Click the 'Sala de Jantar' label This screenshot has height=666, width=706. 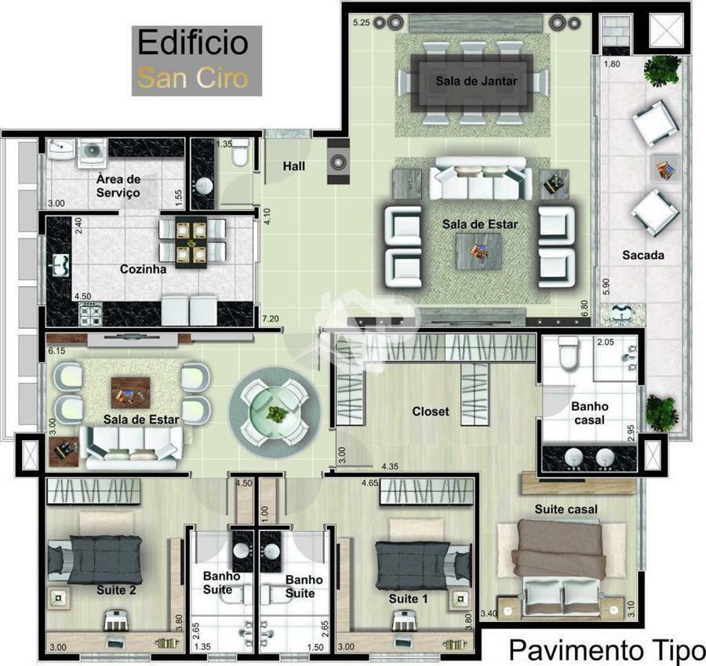coord(476,81)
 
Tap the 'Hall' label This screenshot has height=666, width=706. coord(294,166)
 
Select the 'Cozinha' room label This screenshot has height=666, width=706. coord(144,269)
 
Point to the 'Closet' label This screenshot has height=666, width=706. coord(431,411)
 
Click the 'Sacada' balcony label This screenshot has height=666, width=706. coord(643,255)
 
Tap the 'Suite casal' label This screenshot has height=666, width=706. coord(566,509)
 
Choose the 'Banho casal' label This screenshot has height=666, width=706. coord(590,413)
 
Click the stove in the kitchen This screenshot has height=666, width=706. coord(90,314)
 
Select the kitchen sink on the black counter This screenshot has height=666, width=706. coord(60,265)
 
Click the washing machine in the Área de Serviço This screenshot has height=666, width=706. coord(93,151)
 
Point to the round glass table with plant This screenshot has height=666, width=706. coord(275,413)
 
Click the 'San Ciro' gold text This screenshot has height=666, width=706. coord(193,78)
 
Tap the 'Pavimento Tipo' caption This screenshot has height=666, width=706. coord(607,649)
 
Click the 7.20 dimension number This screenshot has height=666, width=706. coord(270,318)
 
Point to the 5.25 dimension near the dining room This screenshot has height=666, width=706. coord(361,23)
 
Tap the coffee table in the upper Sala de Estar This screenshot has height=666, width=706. coord(479,251)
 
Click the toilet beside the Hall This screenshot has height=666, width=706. coord(240,154)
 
